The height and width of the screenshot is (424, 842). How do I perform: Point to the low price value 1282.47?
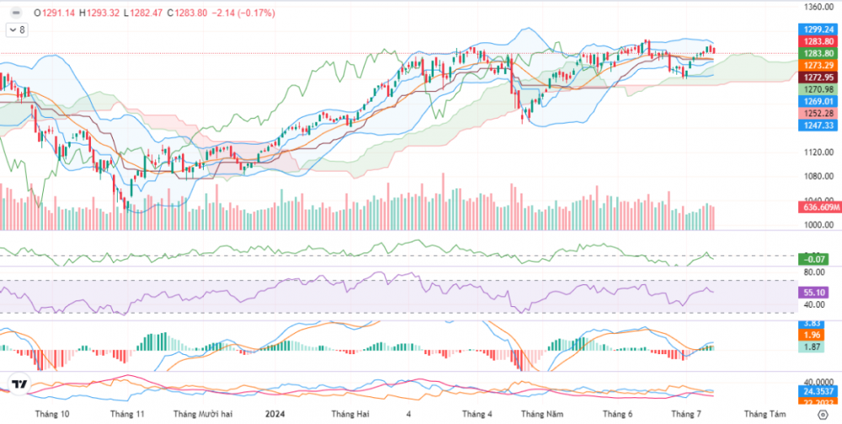[x=149, y=13]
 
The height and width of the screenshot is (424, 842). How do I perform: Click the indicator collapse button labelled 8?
[x=16, y=29]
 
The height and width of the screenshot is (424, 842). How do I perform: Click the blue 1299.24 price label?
[x=818, y=29]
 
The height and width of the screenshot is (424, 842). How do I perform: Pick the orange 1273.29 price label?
[x=818, y=65]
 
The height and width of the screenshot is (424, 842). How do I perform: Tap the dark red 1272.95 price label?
[x=818, y=77]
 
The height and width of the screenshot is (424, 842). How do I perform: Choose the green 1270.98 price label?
[x=818, y=89]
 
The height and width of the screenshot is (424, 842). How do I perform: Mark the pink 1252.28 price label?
[x=818, y=113]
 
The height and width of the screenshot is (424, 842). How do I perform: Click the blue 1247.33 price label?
[x=818, y=125]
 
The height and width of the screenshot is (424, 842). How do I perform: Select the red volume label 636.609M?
[x=818, y=207]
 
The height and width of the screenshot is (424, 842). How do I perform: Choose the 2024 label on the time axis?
[x=274, y=414]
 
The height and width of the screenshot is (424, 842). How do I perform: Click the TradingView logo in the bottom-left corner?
[x=19, y=384]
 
